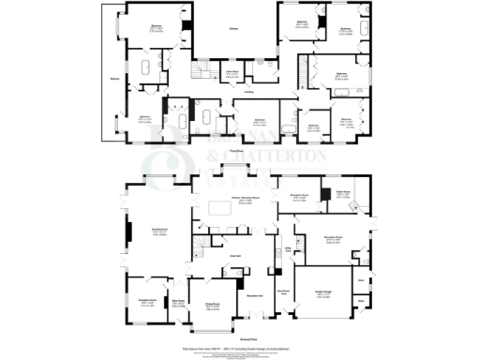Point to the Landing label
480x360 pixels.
pyautogui.click(x=248, y=92)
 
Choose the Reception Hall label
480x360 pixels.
pyautogui.click(x=253, y=296)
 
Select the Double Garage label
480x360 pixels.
pyautogui.click(x=324, y=292)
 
